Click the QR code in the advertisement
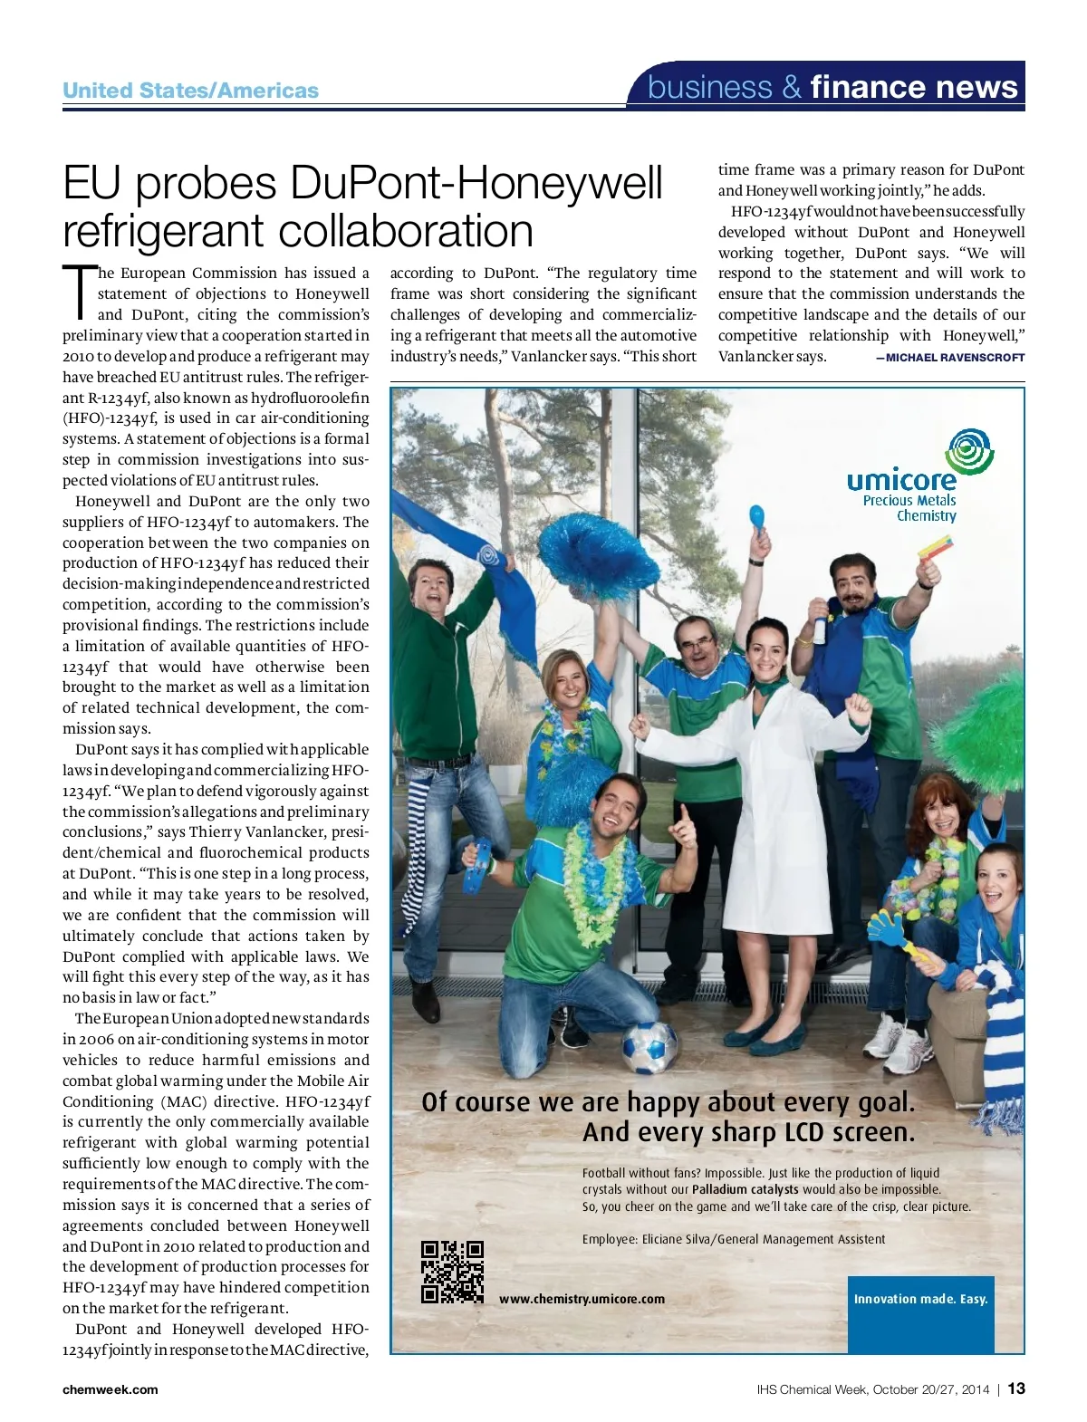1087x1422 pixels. pos(452,1272)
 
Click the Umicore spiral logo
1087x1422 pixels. pos(969,452)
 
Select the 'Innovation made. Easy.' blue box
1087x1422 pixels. pos(920,1299)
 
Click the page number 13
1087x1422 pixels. pos(1016,1388)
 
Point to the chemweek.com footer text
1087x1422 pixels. pos(110,1389)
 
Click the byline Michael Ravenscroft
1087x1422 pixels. pos(950,358)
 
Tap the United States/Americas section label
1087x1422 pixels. pos(190,91)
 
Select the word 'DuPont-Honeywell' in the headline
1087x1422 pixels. pos(476,183)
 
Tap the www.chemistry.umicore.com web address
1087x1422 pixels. pos(582,1299)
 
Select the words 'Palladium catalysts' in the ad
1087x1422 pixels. pos(745,1189)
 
